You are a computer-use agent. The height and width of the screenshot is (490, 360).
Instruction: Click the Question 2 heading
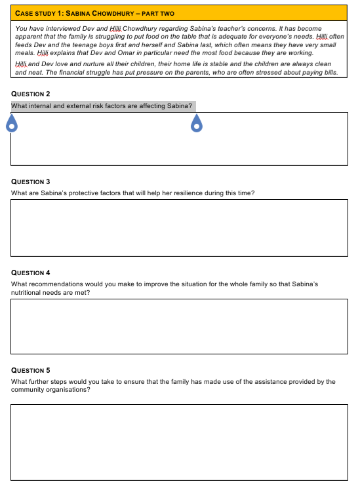[x=31, y=94]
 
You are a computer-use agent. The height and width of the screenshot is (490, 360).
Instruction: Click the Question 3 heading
[x=31, y=181]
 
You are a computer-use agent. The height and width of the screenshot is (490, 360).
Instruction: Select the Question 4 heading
[x=31, y=273]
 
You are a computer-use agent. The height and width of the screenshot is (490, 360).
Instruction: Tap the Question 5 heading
[x=31, y=370]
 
